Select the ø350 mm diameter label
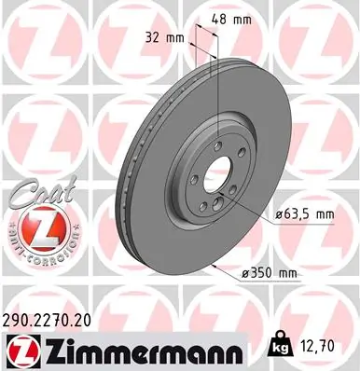[x=270, y=273]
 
